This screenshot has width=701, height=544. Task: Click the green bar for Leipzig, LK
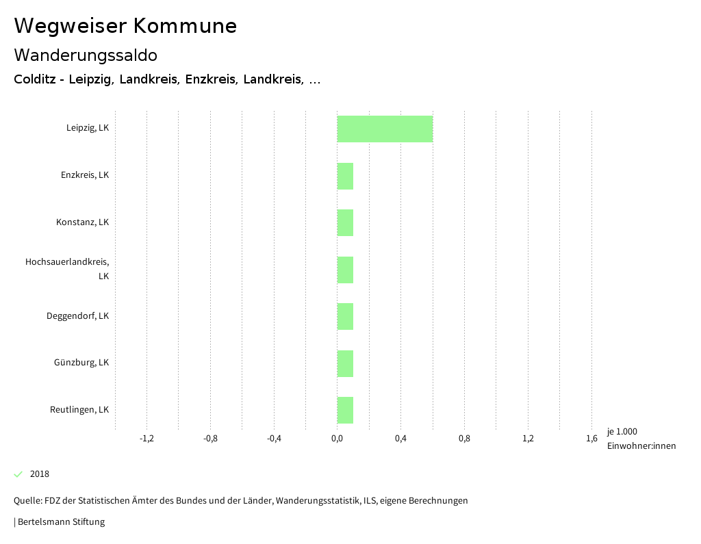pyautogui.click(x=385, y=129)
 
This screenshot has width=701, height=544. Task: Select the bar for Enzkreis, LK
pyautogui.click(x=345, y=176)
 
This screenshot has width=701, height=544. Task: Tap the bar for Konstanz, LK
pyautogui.click(x=345, y=222)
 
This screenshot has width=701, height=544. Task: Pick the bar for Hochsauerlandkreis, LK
pyautogui.click(x=345, y=270)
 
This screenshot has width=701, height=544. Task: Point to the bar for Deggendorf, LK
pyautogui.click(x=345, y=316)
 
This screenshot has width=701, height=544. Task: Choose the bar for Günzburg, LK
pyautogui.click(x=345, y=363)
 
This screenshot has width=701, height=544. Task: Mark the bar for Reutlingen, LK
pyautogui.click(x=345, y=410)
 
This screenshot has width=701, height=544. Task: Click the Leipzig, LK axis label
pyautogui.click(x=88, y=128)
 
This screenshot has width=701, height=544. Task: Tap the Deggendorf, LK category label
pyautogui.click(x=77, y=316)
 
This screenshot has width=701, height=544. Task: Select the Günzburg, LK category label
pyautogui.click(x=81, y=363)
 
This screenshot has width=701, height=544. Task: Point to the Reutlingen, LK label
pyautogui.click(x=79, y=410)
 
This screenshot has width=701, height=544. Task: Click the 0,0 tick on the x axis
pyautogui.click(x=337, y=439)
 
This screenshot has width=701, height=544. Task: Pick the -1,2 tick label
pyautogui.click(x=146, y=439)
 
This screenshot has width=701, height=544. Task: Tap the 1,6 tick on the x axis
pyautogui.click(x=591, y=439)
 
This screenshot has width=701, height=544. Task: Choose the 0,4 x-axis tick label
pyautogui.click(x=400, y=439)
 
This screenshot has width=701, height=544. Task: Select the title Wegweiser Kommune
pyautogui.click(x=125, y=26)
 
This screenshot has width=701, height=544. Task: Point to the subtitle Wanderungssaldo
pyautogui.click(x=86, y=55)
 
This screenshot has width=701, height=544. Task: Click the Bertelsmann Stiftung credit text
pyautogui.click(x=60, y=522)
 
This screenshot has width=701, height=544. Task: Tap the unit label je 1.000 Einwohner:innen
pyautogui.click(x=641, y=439)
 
